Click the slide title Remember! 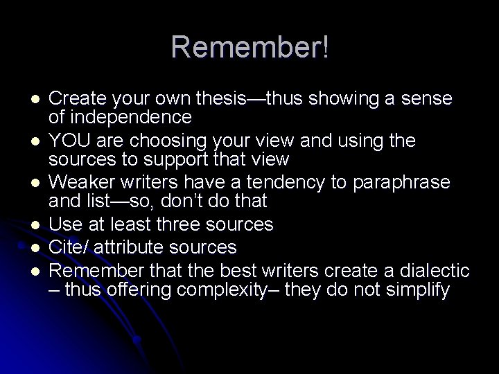pos(250,48)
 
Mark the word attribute pos(129,247)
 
